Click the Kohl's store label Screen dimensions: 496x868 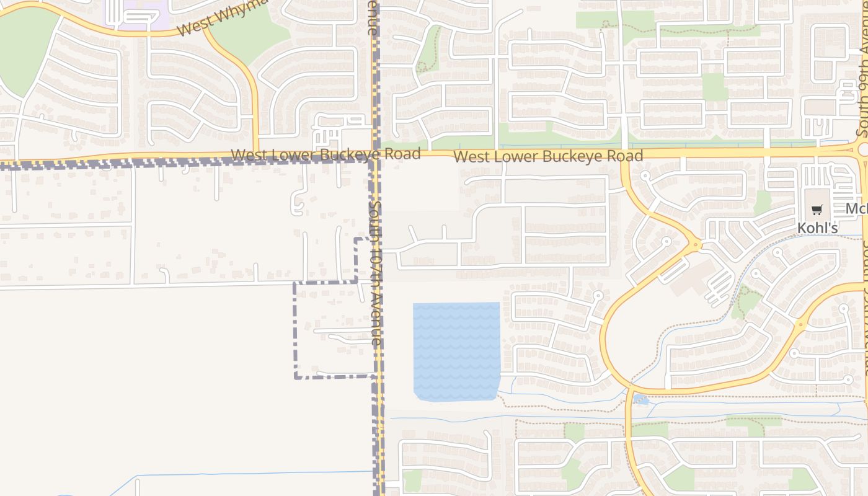click(817, 228)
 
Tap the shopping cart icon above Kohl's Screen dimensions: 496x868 click(817, 210)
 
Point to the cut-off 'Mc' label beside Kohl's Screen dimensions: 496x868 click(856, 209)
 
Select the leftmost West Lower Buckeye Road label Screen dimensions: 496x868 click(325, 154)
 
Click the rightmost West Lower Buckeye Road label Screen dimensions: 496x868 click(548, 156)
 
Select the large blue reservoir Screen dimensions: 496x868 click(457, 351)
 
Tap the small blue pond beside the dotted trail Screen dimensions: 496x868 click(641, 400)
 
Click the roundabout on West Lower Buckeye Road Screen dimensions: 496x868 click(862, 149)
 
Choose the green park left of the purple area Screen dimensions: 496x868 click(25, 50)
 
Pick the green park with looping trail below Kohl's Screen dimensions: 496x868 click(747, 302)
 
